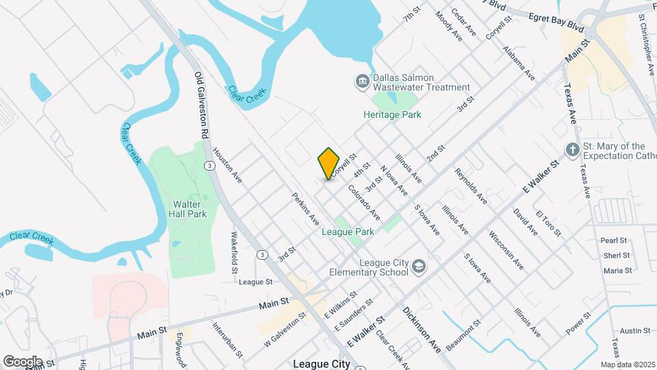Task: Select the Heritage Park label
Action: [392, 114]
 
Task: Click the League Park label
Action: [348, 232]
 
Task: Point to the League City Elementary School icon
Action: [419, 267]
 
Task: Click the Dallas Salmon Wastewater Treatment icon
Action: [361, 82]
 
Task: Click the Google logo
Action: [23, 361]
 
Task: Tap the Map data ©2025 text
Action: [628, 364]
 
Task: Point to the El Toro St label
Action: [548, 223]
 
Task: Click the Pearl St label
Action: [614, 241]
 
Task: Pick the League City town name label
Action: [321, 364]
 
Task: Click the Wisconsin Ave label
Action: [506, 249]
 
